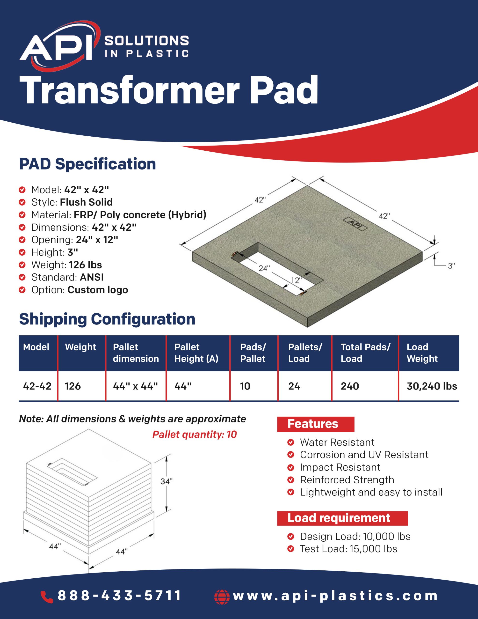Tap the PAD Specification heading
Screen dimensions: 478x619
(x=87, y=164)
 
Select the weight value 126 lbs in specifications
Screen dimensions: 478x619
(x=85, y=265)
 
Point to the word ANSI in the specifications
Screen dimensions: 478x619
(x=92, y=277)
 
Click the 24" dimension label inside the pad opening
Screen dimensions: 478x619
(x=264, y=268)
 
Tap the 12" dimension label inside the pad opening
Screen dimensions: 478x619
(x=296, y=280)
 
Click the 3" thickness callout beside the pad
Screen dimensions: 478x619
(x=451, y=265)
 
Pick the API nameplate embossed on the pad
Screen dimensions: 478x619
(x=355, y=223)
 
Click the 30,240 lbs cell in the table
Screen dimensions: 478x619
(x=432, y=386)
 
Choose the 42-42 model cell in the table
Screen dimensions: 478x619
(x=37, y=386)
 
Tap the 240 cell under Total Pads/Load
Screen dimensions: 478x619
(x=350, y=386)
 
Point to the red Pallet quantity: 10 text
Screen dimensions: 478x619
(x=194, y=434)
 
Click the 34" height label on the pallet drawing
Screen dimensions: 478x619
(x=166, y=481)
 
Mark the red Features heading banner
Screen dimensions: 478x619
(x=316, y=424)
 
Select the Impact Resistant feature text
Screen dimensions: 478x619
(x=340, y=467)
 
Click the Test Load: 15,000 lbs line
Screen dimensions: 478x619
(x=348, y=549)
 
